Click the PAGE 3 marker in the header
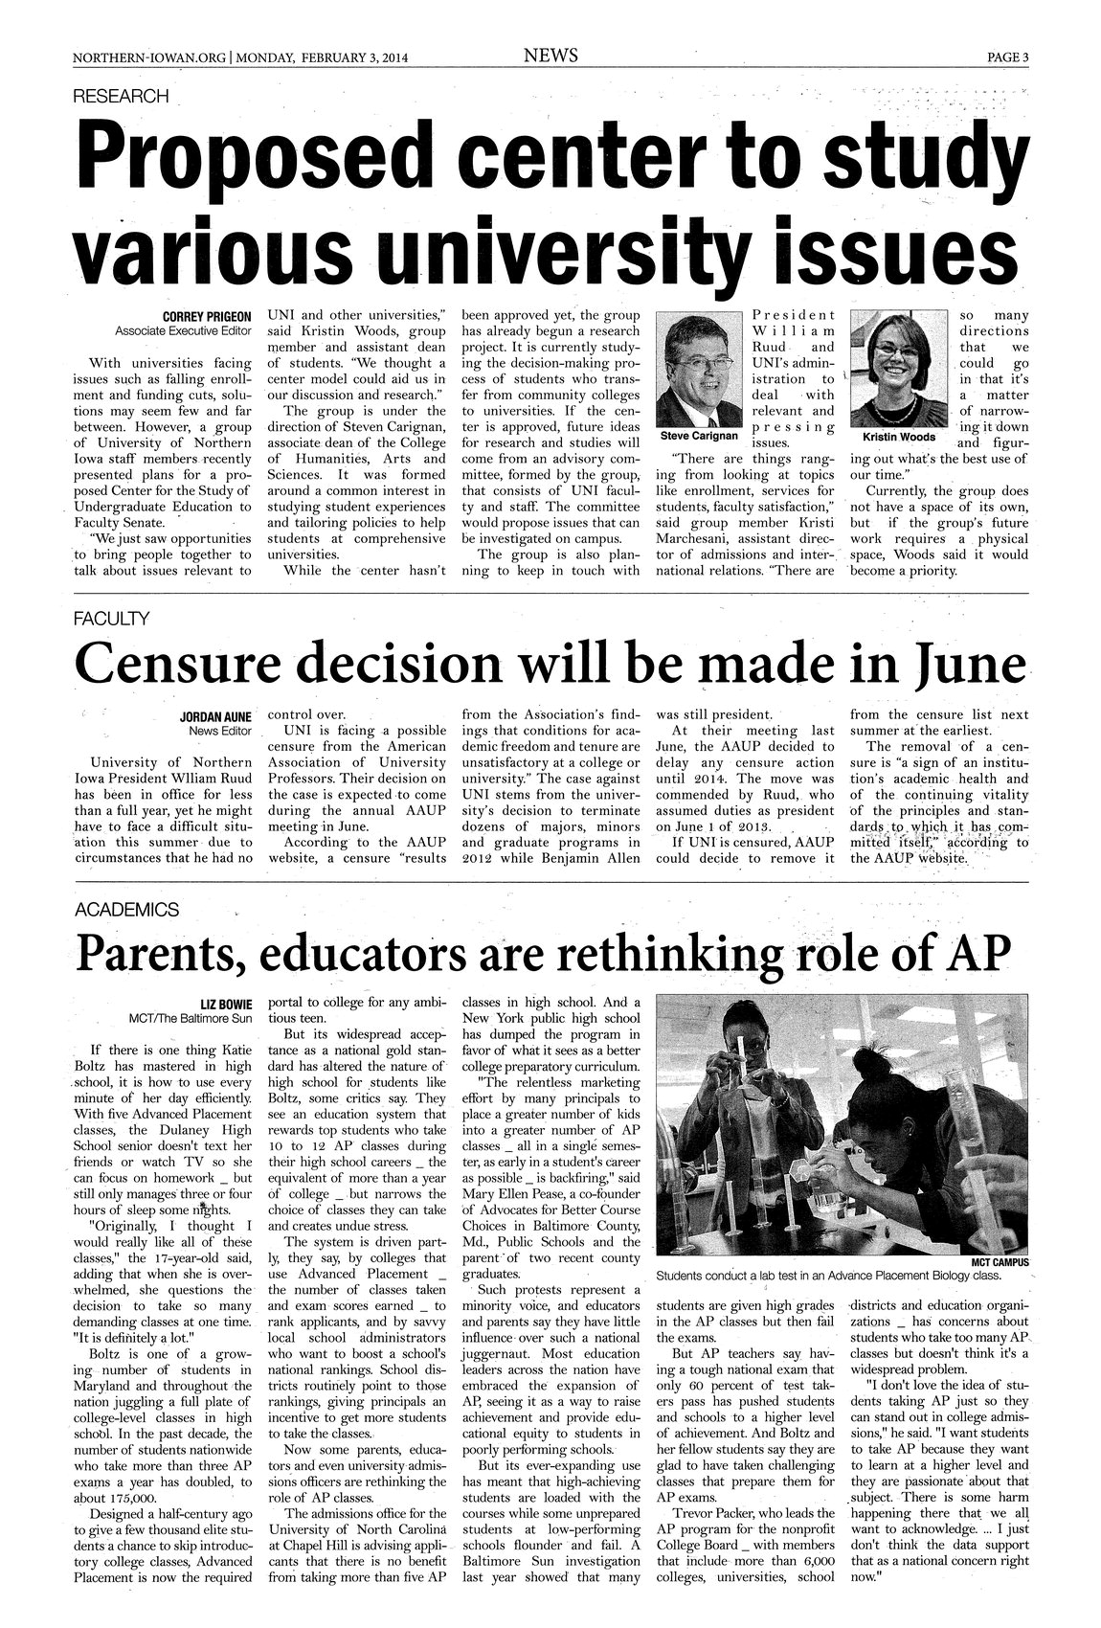pos(1008,57)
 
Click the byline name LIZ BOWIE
pos(225,1004)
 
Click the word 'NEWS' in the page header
pos(550,56)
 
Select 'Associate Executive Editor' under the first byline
pos(183,331)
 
